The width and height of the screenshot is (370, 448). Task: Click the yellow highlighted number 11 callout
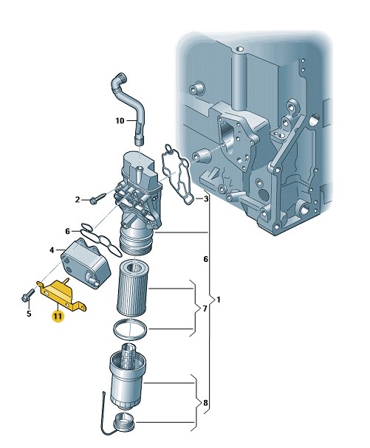point(58,317)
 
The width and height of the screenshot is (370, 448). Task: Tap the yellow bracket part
point(61,294)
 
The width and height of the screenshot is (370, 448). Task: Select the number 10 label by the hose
point(120,121)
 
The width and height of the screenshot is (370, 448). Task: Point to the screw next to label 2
point(97,199)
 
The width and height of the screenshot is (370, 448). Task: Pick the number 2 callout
point(78,200)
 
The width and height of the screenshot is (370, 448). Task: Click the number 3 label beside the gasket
point(206,199)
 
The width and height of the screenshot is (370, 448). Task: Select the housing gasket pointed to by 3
point(178,174)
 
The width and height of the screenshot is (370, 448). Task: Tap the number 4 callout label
point(52,250)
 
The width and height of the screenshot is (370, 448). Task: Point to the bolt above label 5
point(27,295)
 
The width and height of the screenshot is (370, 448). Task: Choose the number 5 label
point(29,314)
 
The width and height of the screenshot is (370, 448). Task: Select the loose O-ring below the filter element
point(131,330)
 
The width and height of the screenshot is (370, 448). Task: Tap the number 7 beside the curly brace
point(205,309)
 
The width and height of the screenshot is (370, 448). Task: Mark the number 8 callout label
point(205,403)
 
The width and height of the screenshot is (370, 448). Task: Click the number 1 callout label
point(219,300)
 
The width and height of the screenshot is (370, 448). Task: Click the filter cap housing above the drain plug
point(128,378)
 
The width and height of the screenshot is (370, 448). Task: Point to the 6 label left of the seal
point(67,231)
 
